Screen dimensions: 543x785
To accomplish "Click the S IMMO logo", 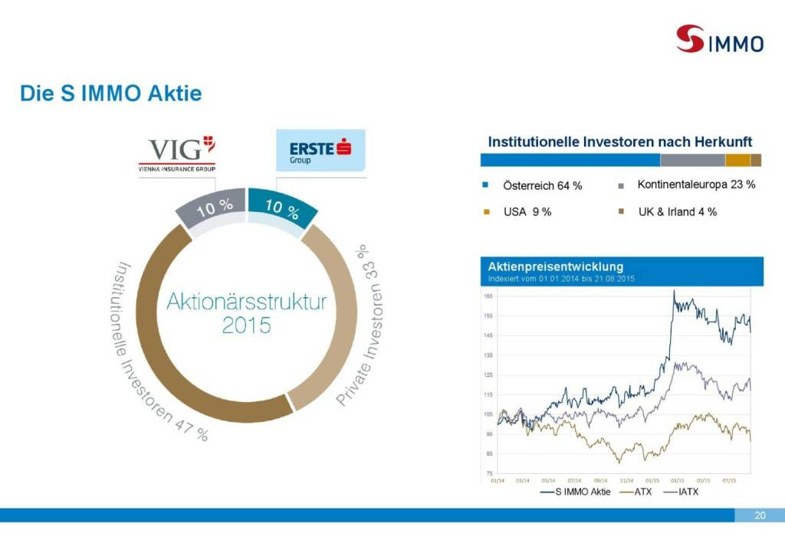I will click(x=719, y=39).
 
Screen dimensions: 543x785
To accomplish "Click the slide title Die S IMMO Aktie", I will click(x=111, y=94).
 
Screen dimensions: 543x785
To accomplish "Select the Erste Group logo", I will click(x=320, y=149).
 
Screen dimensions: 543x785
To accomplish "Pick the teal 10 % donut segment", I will click(x=281, y=208).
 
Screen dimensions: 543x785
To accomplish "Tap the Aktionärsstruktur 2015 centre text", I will click(x=246, y=312).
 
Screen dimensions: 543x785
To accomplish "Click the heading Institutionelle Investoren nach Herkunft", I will click(x=620, y=142).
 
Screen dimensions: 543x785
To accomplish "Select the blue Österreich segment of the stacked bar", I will click(x=570, y=160).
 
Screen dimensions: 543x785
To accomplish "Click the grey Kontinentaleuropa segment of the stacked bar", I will click(x=692, y=160).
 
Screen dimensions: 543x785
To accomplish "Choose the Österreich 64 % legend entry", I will click(x=542, y=185).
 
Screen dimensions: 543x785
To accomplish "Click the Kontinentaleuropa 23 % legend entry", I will click(x=695, y=185).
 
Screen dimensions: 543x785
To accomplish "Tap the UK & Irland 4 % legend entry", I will click(x=677, y=211).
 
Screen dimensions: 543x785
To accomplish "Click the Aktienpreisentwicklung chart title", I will click(x=556, y=267).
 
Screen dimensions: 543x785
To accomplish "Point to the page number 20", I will click(x=760, y=515).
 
